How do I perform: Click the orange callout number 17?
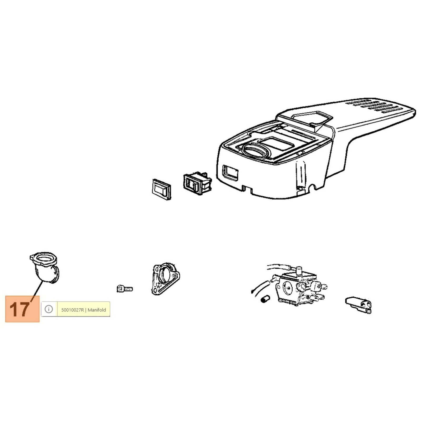[x=20, y=309]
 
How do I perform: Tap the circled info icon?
[x=49, y=309]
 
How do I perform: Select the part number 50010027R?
[x=73, y=310]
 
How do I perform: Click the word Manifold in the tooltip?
[x=97, y=310]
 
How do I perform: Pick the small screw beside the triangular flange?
[x=124, y=289]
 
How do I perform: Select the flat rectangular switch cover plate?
[x=162, y=189]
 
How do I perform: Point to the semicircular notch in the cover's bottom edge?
[x=313, y=188]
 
